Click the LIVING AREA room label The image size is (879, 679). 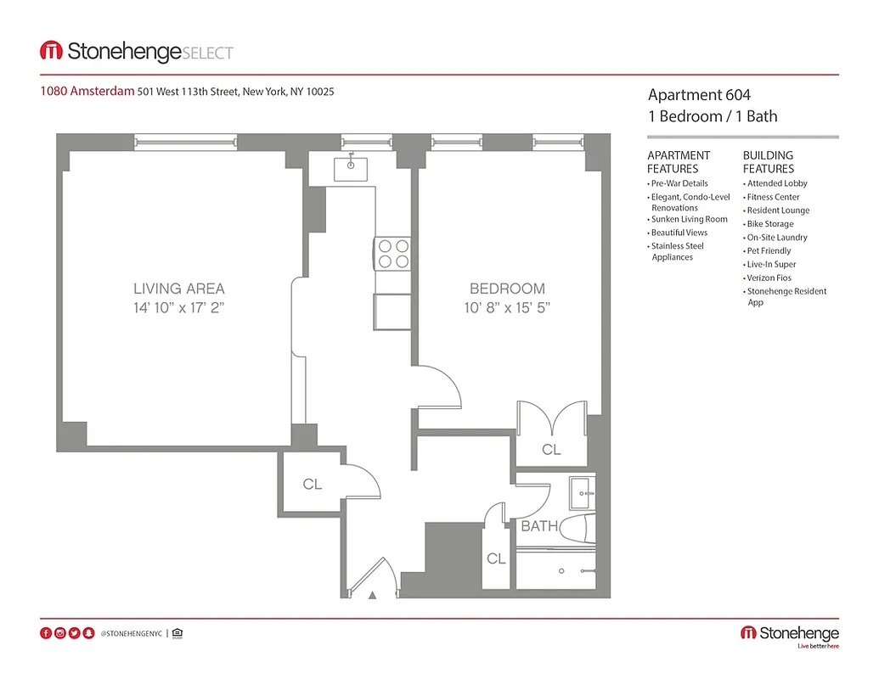pyautogui.click(x=179, y=289)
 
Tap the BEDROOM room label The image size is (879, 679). pyautogui.click(x=507, y=289)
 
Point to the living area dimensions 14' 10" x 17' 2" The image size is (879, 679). pyautogui.click(x=179, y=309)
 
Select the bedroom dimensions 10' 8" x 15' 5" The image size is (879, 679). pyautogui.click(x=507, y=309)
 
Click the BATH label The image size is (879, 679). pyautogui.click(x=539, y=526)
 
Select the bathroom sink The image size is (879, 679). pyautogui.click(x=583, y=490)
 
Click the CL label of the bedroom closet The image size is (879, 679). pyautogui.click(x=551, y=450)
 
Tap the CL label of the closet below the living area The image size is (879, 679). pyautogui.click(x=313, y=484)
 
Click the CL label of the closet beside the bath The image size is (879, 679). pyautogui.click(x=496, y=558)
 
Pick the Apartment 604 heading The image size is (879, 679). pyautogui.click(x=699, y=95)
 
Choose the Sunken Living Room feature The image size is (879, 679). pyautogui.click(x=689, y=219)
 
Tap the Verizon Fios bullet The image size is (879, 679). pyautogui.click(x=770, y=278)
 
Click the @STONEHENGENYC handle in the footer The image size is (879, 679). pyautogui.click(x=131, y=633)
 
